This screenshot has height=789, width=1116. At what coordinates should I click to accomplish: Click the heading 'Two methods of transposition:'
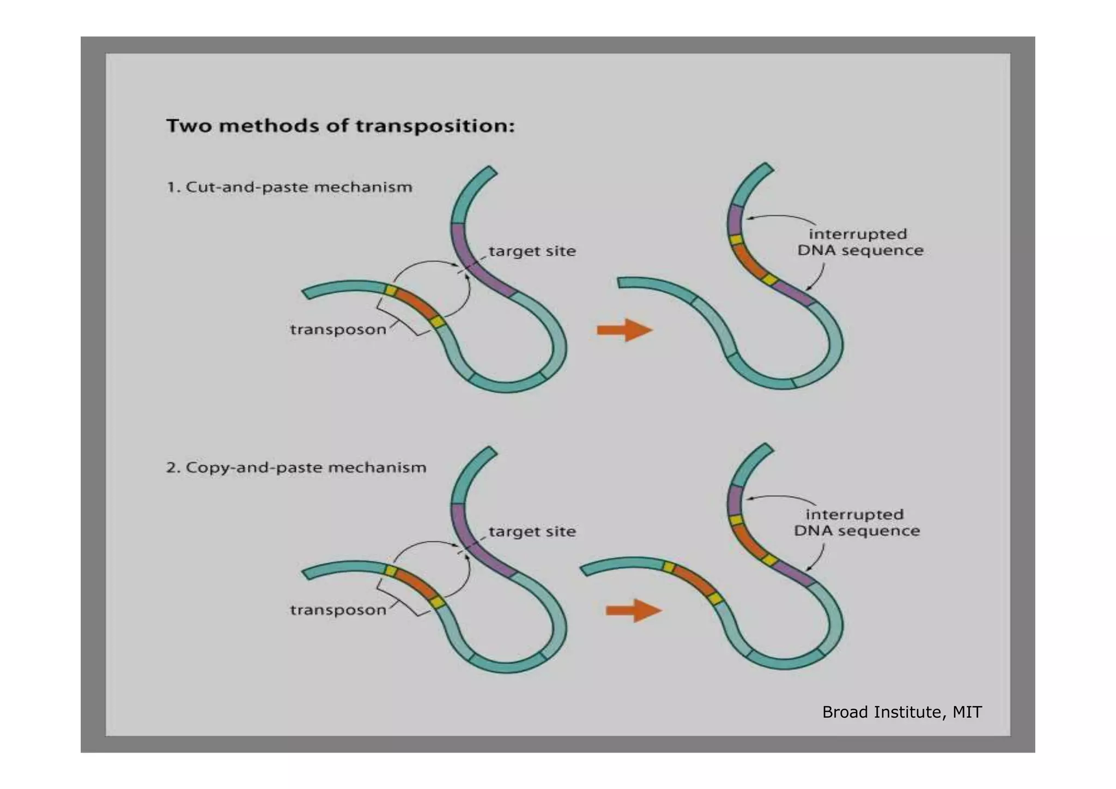click(340, 126)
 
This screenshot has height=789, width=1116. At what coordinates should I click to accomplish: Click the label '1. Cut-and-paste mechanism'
click(289, 187)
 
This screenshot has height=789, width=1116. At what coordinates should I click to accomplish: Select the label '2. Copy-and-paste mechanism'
click(296, 467)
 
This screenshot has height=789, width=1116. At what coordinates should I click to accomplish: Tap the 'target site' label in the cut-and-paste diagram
click(532, 251)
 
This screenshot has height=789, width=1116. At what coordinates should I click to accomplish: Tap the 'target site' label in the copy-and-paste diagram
click(532, 532)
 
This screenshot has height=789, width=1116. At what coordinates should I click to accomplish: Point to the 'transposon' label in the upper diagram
click(338, 329)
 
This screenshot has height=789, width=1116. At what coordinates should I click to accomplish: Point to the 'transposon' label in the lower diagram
click(338, 610)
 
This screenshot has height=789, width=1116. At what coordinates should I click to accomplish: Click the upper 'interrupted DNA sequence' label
click(860, 242)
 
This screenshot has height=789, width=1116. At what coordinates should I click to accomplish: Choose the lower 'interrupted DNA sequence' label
click(857, 522)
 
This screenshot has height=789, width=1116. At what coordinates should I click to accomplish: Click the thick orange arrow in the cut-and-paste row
click(624, 330)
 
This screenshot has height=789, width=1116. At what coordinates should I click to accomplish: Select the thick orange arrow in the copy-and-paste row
click(633, 610)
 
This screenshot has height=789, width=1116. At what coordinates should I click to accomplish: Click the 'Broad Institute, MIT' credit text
click(902, 712)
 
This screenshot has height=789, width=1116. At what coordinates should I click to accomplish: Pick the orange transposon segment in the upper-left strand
click(416, 305)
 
